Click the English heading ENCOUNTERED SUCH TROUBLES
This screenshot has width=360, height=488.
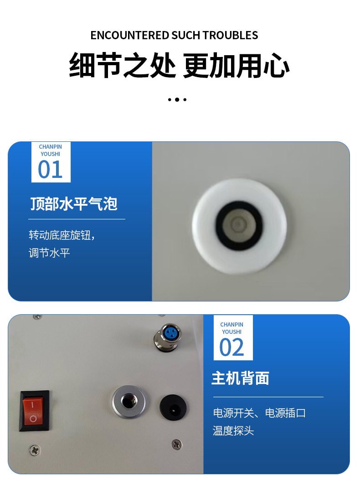(174, 35)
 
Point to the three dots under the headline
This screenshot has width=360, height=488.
(177, 99)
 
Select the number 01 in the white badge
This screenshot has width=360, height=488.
(50, 170)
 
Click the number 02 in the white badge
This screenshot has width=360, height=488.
(232, 348)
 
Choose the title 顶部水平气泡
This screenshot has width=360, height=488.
(74, 204)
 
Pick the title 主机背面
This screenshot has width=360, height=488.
(240, 378)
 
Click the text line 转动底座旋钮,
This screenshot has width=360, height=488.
(62, 235)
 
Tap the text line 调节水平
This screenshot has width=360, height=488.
(49, 253)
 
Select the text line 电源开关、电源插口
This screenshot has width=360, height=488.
(259, 413)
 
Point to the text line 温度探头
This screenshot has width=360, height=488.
(233, 431)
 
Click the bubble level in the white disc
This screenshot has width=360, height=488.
(239, 225)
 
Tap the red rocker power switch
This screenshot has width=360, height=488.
(34, 410)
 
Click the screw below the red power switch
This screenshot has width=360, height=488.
(35, 450)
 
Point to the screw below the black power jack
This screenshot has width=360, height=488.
(177, 444)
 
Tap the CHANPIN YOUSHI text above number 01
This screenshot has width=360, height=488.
(50, 151)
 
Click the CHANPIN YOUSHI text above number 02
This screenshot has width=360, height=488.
(232, 328)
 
